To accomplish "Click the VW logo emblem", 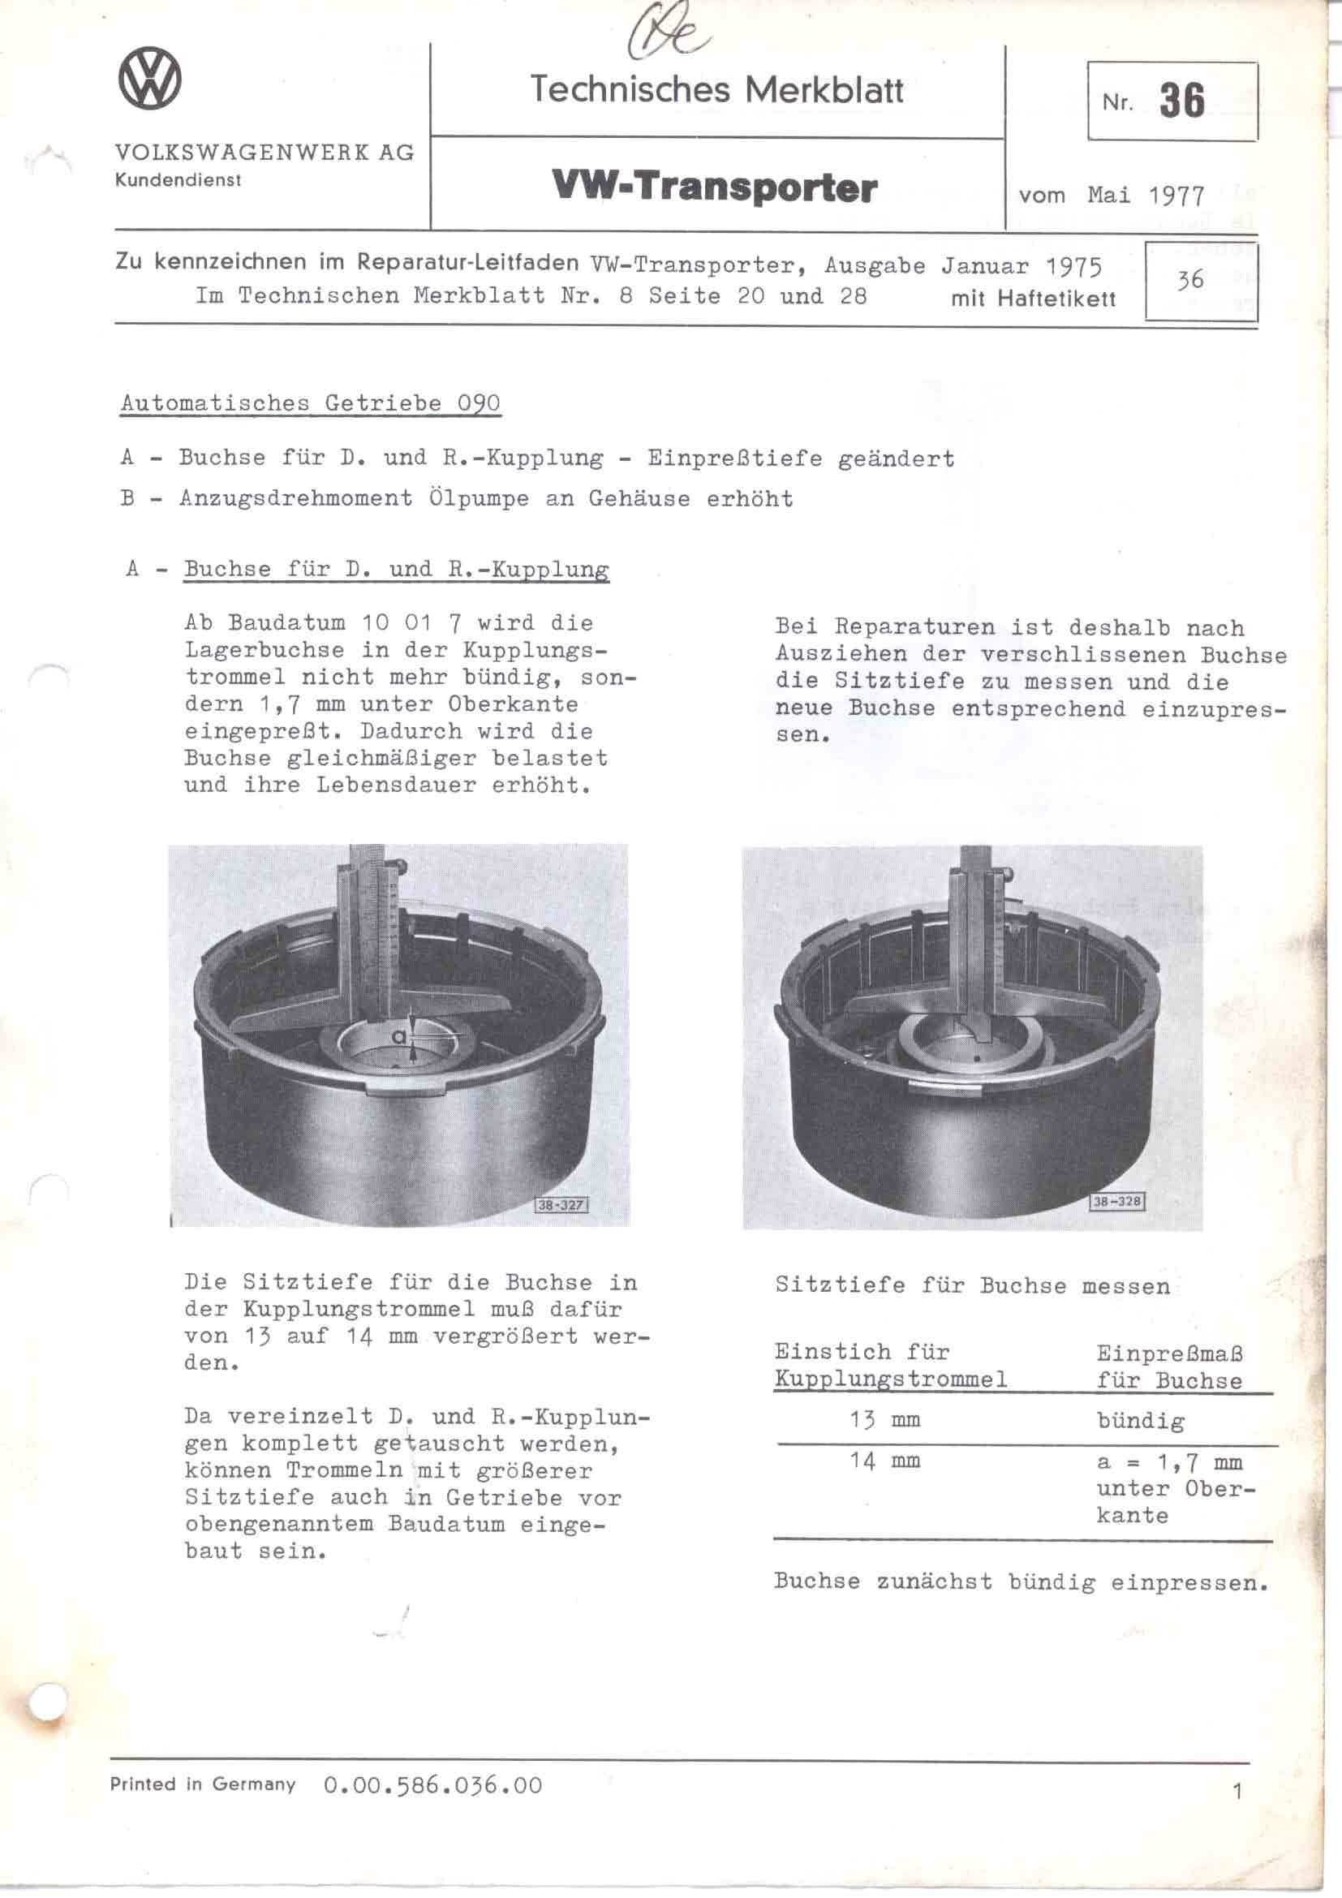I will [149, 79].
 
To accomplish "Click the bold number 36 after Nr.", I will [1181, 101].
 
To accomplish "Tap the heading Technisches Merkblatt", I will [716, 89].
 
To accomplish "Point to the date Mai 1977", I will [1146, 196].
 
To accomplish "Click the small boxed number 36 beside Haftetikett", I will [1190, 280].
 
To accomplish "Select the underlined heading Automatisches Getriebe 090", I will [310, 403].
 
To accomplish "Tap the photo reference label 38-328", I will [1117, 1201].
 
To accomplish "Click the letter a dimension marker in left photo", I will [400, 1035].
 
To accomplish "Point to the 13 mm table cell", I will [884, 1420].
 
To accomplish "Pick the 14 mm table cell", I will [884, 1461].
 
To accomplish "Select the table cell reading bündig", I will [1140, 1421].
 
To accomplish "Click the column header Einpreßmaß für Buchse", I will [1169, 1366].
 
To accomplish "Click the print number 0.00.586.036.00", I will [433, 1785].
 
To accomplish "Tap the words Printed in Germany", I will [203, 1784].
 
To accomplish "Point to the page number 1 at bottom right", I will [1237, 1793].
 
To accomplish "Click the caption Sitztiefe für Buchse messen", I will [972, 1285].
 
